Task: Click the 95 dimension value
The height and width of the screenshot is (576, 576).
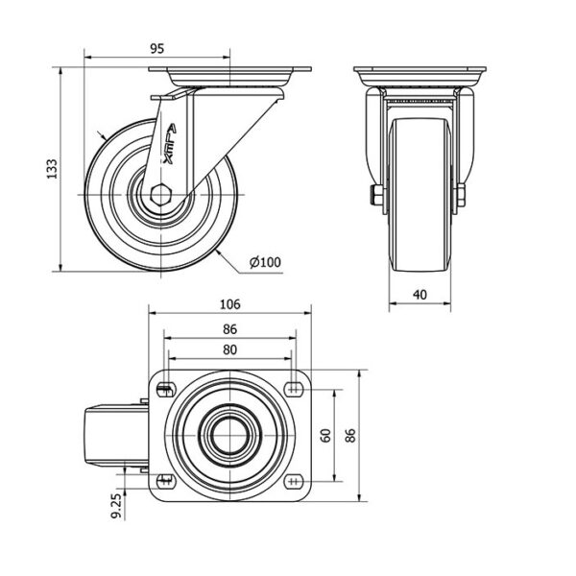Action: tap(156, 49)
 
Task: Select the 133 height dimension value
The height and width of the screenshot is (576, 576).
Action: tap(52, 169)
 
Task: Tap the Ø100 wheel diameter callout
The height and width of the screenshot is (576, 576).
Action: tap(265, 262)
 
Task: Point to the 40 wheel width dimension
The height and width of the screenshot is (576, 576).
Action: tap(420, 295)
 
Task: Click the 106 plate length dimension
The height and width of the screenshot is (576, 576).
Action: tap(230, 304)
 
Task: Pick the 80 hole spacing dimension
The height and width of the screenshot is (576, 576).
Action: tap(230, 349)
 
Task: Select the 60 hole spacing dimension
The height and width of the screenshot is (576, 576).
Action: tap(325, 435)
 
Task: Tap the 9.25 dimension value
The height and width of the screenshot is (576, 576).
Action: tap(116, 506)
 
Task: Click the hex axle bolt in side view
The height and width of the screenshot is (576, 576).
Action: tap(161, 195)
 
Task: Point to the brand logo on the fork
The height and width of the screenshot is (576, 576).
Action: tap(170, 144)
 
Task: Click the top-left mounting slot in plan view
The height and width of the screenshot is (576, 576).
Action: tap(166, 390)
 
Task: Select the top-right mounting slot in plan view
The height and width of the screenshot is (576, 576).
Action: tap(293, 390)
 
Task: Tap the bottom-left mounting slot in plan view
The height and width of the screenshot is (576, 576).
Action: tap(166, 481)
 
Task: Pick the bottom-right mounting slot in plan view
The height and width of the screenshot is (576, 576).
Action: tap(293, 481)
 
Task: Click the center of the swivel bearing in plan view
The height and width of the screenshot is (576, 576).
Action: tap(230, 436)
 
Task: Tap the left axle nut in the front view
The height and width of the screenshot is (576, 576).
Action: tap(377, 195)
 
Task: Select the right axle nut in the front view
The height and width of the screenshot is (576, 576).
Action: tap(461, 195)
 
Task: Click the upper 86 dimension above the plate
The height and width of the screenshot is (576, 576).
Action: tap(230, 329)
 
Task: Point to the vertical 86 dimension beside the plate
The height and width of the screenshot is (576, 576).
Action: tap(350, 435)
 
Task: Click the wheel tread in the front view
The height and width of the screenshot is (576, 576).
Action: tap(420, 195)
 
